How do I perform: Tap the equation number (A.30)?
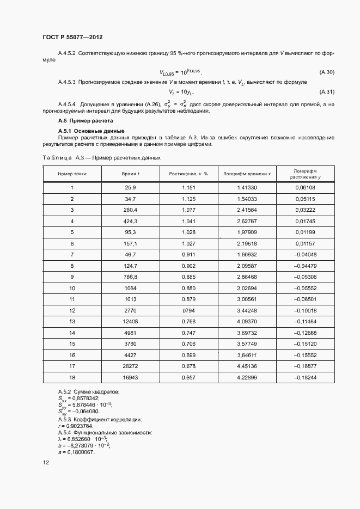coord(326,72)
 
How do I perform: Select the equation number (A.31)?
coord(326,91)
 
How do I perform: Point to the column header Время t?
coord(130,173)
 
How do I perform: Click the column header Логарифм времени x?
coord(247,173)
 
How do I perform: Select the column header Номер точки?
coord(72,173)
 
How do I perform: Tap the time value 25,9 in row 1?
coord(130,188)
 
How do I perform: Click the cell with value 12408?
coord(130,321)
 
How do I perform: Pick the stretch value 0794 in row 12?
coord(188,310)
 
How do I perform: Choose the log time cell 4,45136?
coord(247,366)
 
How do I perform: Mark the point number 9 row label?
coord(72,277)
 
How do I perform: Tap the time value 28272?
coord(130,366)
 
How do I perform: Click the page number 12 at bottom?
coord(46,463)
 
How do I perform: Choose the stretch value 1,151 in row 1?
coord(188,188)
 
